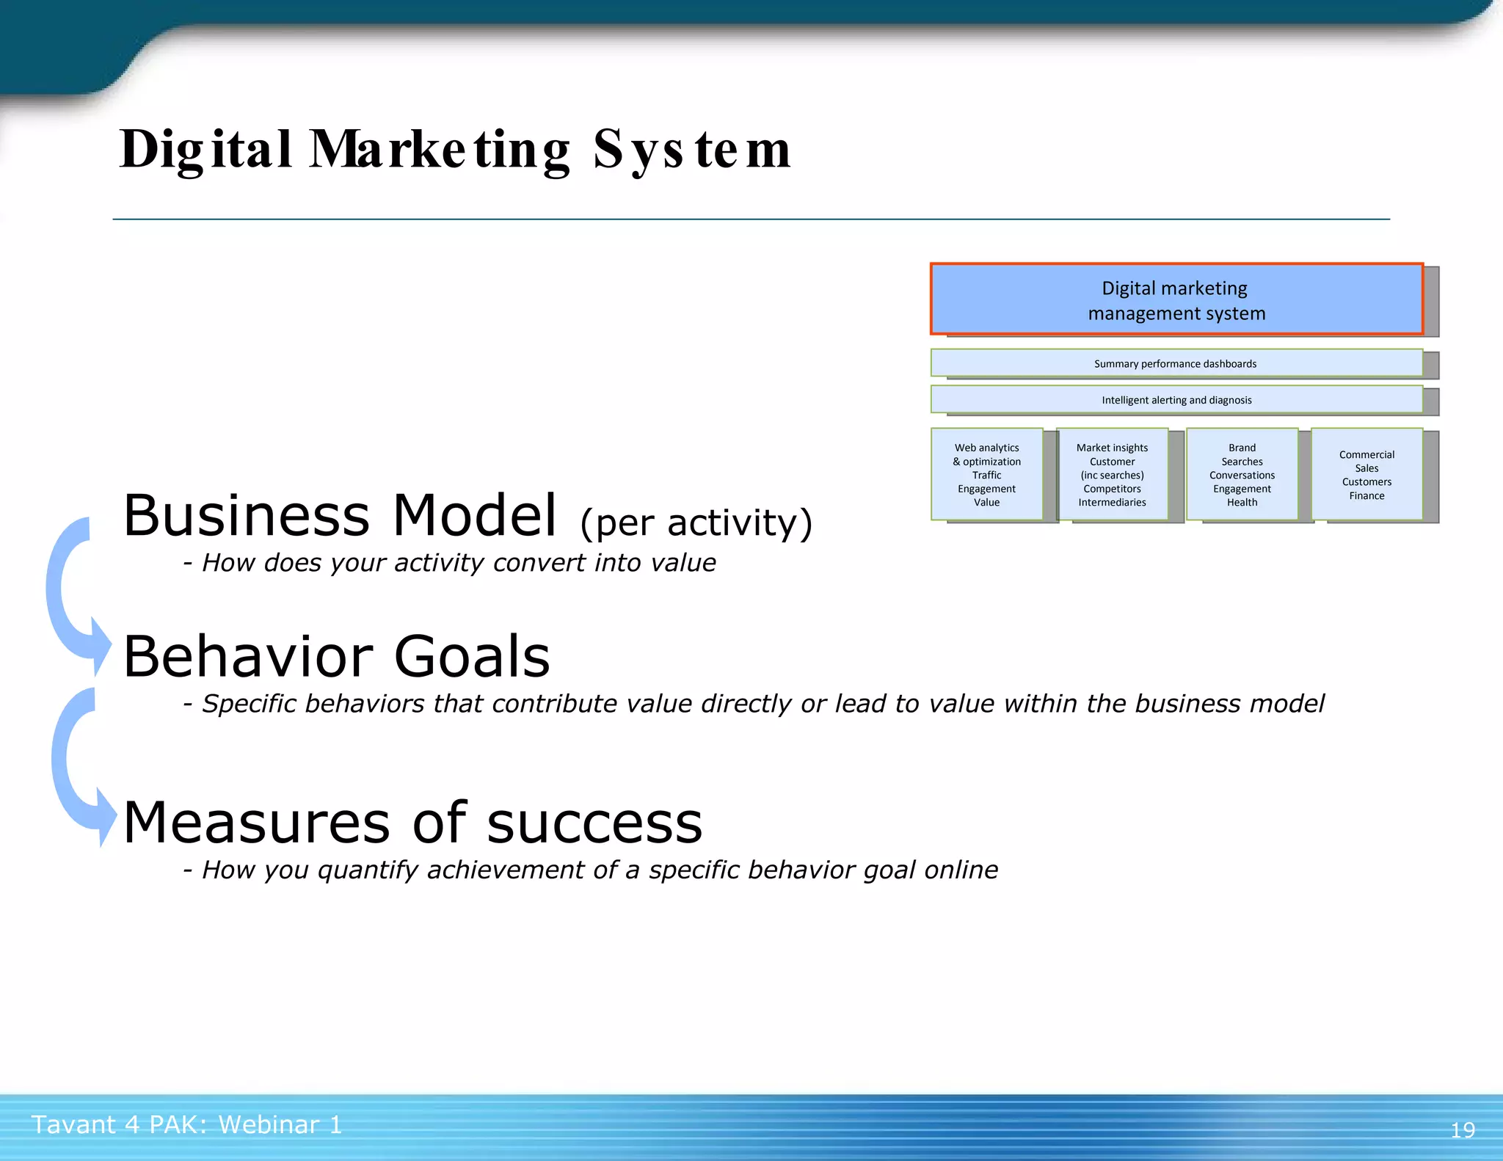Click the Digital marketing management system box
[1176, 300]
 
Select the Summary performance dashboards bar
[1176, 363]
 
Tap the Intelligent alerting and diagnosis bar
[1176, 400]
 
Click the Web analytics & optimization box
[986, 474]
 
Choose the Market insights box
[1112, 474]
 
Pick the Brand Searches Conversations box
[1242, 474]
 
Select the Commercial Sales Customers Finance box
[1366, 474]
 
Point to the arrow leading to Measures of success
[73, 767]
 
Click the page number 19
[1462, 1129]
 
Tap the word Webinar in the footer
[269, 1124]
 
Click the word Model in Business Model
[475, 515]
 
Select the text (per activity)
[696, 523]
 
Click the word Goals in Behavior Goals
[472, 656]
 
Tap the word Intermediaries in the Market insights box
[1112, 502]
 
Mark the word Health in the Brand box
[1242, 502]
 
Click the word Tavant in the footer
[73, 1124]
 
